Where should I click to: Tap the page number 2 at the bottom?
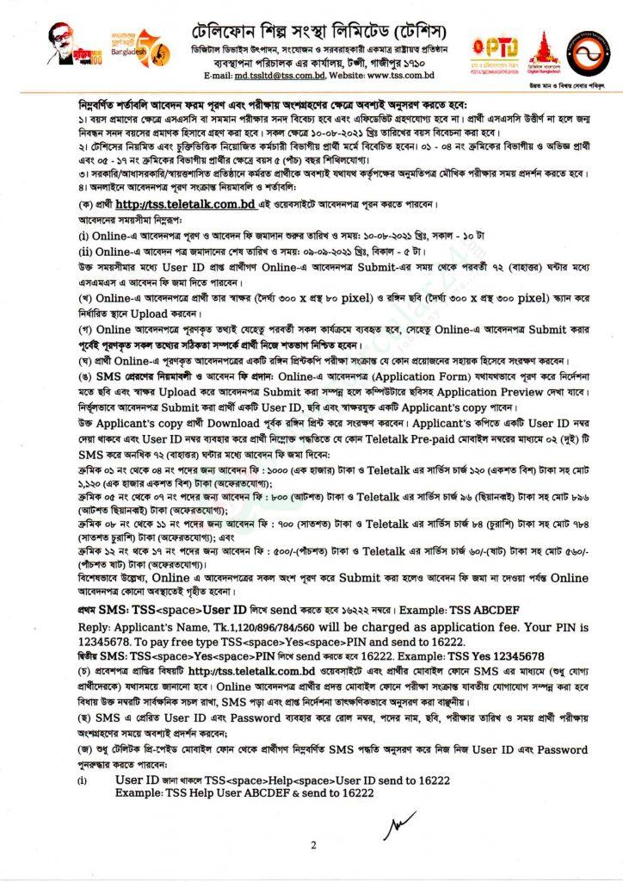(x=313, y=846)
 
